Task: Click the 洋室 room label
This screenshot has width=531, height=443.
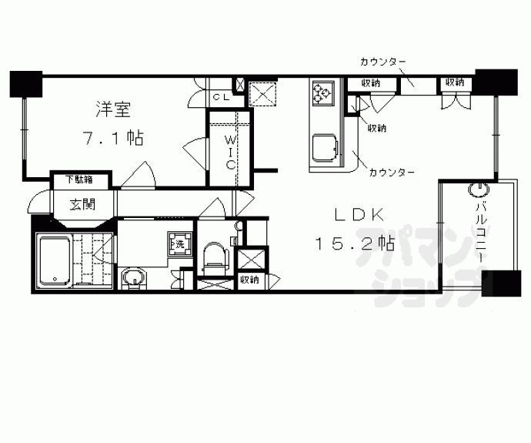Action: click(113, 110)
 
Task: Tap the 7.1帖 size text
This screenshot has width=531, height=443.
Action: click(113, 139)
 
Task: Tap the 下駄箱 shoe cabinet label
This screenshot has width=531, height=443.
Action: click(78, 180)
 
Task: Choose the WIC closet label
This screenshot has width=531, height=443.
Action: click(230, 151)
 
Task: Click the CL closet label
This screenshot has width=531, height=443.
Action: click(221, 97)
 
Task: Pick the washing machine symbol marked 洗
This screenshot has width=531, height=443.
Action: click(179, 244)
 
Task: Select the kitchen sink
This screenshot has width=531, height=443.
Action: click(323, 146)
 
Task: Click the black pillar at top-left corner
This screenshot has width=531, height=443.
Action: click(25, 83)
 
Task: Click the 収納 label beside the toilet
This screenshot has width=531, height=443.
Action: click(248, 280)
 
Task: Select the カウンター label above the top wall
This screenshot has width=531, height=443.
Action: click(382, 62)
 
